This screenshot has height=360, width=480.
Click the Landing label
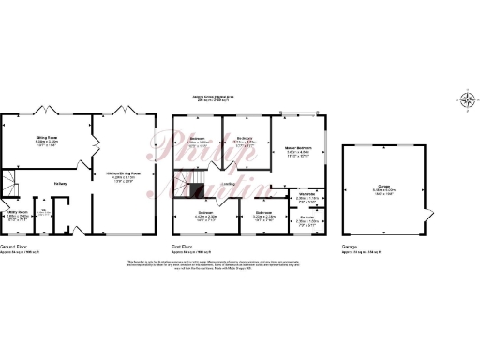point(228,185)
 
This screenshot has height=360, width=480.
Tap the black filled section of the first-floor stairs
point(196,191)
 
